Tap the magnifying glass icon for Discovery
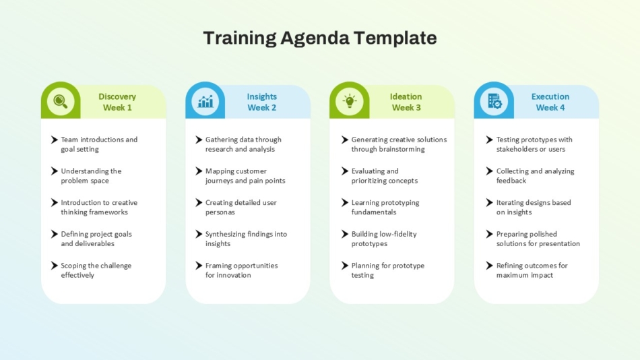[x=61, y=101]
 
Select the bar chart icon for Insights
[x=205, y=101]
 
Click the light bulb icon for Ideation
[x=350, y=101]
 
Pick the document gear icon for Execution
[x=494, y=101]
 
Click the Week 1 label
[x=117, y=107]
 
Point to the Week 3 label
[x=406, y=107]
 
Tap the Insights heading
[x=261, y=97]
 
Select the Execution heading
[x=550, y=97]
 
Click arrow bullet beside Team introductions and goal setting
[x=55, y=140]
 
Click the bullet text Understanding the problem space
[x=91, y=176]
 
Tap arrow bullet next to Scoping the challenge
[x=55, y=266]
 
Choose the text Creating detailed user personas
[x=241, y=207]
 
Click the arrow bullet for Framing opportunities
[x=199, y=266]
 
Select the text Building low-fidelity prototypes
[x=384, y=239]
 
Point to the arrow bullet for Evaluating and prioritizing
[x=345, y=171]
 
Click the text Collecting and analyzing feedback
[x=535, y=176]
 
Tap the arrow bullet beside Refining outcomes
[x=489, y=266]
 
